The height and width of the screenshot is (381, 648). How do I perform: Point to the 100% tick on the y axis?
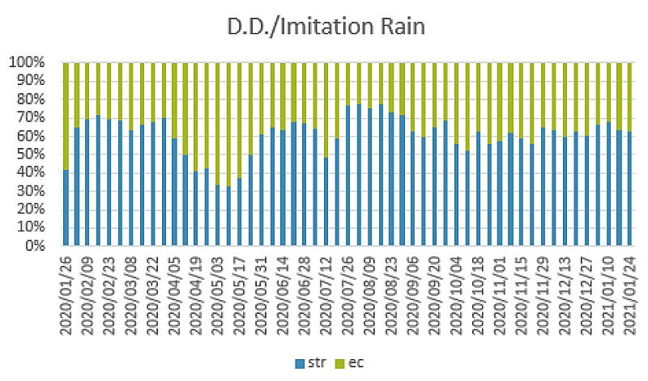[33, 62]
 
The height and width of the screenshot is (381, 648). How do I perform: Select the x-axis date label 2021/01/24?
[629, 295]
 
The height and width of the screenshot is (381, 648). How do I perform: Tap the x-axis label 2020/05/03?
[217, 295]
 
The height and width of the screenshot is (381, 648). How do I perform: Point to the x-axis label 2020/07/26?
[347, 295]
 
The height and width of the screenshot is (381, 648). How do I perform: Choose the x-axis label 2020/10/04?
[456, 295]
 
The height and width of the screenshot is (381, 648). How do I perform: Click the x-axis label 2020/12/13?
[565, 295]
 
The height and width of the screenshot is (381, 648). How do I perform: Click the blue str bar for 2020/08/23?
[391, 179]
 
